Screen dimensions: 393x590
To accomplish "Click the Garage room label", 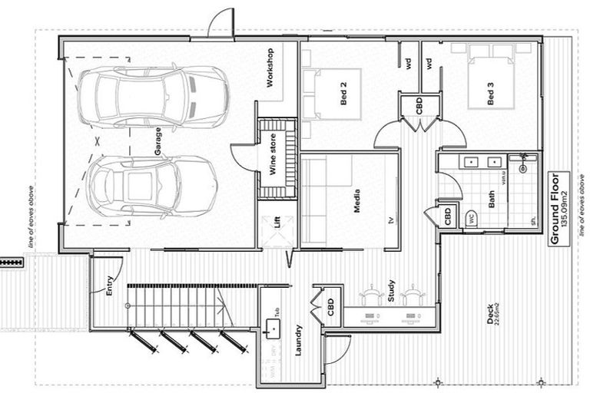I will click(158, 142).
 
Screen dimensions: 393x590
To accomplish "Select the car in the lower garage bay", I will click(151, 187).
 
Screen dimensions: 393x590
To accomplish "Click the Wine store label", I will click(272, 154).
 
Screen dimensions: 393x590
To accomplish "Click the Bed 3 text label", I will click(490, 94).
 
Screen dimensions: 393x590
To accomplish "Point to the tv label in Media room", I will click(390, 220).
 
